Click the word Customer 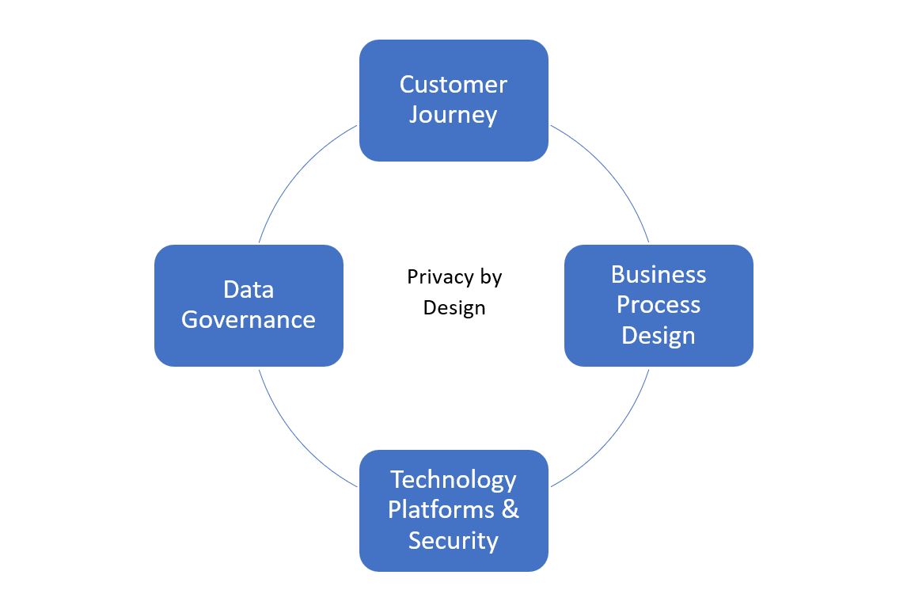click(454, 84)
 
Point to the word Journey click(454, 115)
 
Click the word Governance click(249, 320)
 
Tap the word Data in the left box click(249, 290)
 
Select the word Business click(659, 275)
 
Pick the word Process click(659, 305)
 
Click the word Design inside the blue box click(659, 335)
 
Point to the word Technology click(454, 480)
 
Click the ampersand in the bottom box click(511, 510)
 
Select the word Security click(454, 541)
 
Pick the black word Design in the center click(454, 307)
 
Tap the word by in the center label click(491, 277)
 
